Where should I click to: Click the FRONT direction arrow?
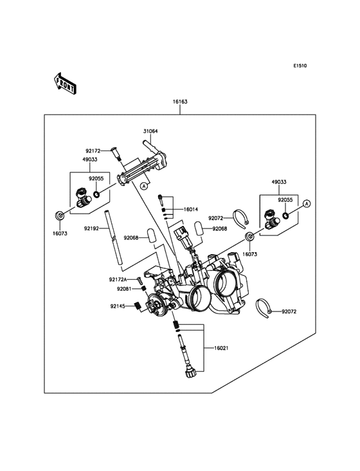tap(65, 84)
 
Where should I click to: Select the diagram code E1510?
tap(300, 66)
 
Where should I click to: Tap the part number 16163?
tap(180, 102)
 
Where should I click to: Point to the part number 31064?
tap(150, 131)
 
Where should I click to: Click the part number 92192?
tap(91, 229)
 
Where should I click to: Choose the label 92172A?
tap(118, 280)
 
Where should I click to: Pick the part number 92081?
tap(124, 289)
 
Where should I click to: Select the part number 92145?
tap(117, 306)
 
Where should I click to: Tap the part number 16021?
tap(221, 349)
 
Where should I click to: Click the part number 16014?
tap(191, 209)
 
